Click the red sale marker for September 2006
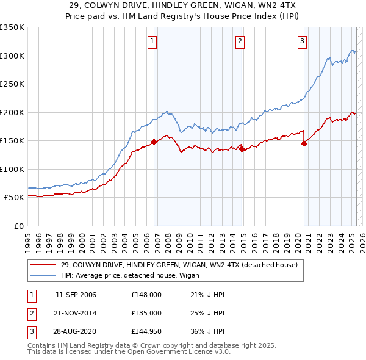click(x=154, y=142)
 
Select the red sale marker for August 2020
click(x=304, y=144)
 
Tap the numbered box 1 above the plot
click(x=152, y=41)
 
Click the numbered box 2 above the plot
click(x=240, y=41)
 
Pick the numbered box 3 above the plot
click(x=302, y=41)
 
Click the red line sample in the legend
click(x=43, y=265)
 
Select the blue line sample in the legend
click(x=43, y=275)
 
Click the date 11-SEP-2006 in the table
click(x=76, y=295)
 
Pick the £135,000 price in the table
click(x=146, y=313)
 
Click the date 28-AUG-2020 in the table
click(x=76, y=331)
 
